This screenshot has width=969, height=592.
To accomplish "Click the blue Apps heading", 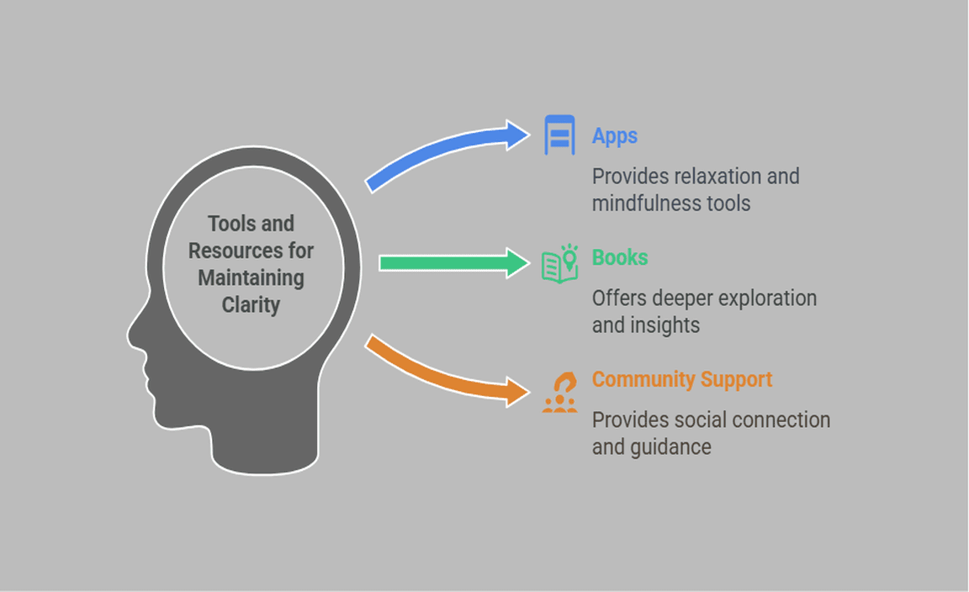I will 614,136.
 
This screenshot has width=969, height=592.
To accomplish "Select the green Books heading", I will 619,257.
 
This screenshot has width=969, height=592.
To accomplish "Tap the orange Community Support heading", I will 681,379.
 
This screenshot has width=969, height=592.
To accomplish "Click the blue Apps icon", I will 559,135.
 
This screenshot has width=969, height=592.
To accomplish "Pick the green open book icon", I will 559,264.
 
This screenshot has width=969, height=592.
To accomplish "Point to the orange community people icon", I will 559,393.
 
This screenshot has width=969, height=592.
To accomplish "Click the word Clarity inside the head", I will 251,304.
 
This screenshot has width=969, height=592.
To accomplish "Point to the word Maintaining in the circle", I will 251,277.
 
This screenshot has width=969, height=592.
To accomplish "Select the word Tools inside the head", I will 228,224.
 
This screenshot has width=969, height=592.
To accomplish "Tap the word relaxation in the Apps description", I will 714,177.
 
